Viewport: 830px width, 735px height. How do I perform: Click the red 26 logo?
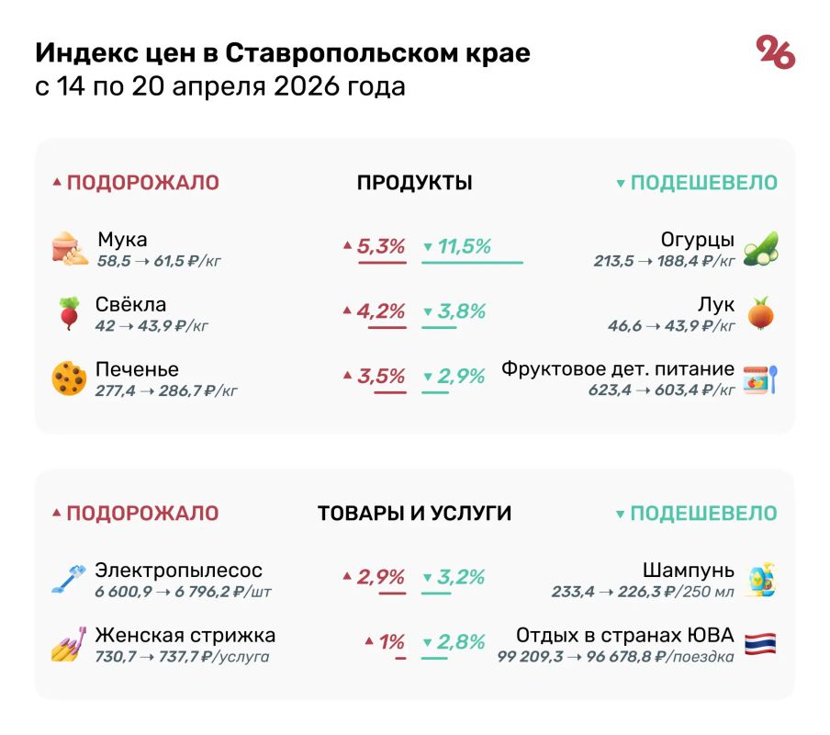[x=775, y=53]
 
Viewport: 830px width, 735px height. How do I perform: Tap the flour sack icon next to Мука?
[x=70, y=249]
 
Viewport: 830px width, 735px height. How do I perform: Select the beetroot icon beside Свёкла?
[x=69, y=313]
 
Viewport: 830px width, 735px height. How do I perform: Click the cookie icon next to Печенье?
[x=69, y=378]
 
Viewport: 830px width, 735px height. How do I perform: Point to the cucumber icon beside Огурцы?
[x=760, y=249]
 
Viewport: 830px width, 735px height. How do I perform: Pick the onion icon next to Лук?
[x=760, y=313]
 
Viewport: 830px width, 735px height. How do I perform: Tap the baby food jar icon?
[x=760, y=378]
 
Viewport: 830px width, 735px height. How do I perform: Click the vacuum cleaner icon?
[x=70, y=580]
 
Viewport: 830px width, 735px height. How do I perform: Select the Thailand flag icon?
[x=760, y=644]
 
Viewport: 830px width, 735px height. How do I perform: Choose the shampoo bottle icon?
[x=760, y=580]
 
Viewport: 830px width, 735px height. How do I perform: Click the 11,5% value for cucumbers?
[x=464, y=246]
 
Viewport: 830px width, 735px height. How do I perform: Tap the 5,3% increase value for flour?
[x=380, y=246]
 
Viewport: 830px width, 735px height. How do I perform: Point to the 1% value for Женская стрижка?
[x=392, y=642]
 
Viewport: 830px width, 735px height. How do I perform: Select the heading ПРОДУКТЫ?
[x=414, y=183]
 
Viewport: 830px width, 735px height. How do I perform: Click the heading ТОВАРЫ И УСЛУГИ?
[x=414, y=514]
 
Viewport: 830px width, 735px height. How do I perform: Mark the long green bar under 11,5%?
[x=472, y=263]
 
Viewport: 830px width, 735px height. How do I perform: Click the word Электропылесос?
[x=179, y=571]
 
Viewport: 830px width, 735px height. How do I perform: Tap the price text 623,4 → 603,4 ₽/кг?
[x=661, y=390]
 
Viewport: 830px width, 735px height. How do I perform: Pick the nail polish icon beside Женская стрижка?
[x=69, y=644]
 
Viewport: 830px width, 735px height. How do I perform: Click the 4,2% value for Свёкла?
[x=380, y=311]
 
